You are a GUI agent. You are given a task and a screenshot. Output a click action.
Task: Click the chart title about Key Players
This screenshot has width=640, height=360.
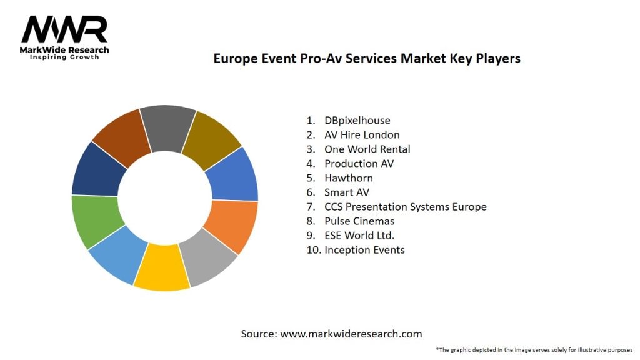[x=367, y=59]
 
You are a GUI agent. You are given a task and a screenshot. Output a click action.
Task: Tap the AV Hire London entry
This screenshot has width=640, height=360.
[x=362, y=134]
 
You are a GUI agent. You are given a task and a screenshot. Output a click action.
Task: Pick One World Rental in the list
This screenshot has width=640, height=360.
[x=367, y=149]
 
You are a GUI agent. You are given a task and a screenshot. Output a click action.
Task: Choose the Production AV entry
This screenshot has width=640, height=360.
[x=359, y=163]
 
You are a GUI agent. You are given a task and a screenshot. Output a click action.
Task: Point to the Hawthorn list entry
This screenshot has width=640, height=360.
[x=348, y=177]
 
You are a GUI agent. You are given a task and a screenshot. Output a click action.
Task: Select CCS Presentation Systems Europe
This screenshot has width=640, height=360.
[x=405, y=206]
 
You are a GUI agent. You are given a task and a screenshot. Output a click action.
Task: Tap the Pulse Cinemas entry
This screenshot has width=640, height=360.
[x=359, y=221]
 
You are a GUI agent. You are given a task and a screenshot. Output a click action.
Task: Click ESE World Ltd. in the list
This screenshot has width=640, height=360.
[x=359, y=235]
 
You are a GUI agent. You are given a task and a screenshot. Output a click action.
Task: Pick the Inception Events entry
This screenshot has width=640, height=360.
[x=364, y=249]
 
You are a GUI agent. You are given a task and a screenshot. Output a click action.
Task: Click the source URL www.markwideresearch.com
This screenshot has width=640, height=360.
[x=351, y=334]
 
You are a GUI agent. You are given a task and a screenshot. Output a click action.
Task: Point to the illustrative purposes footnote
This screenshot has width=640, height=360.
[x=534, y=350]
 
